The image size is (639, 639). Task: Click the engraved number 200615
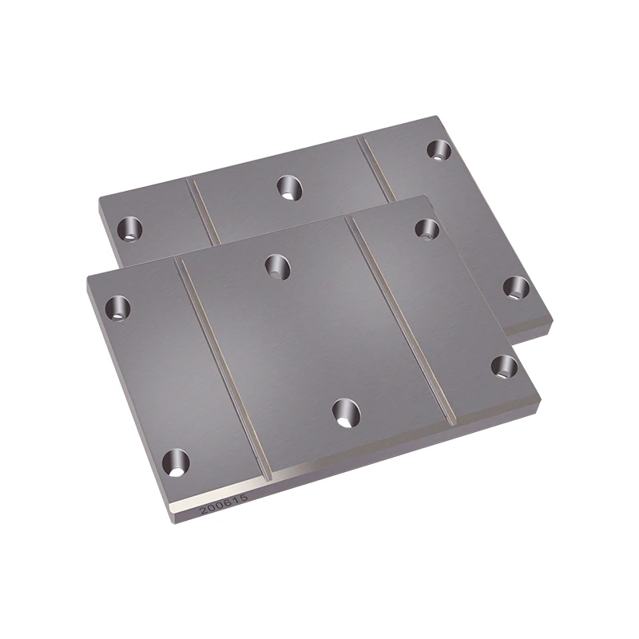click(x=224, y=503)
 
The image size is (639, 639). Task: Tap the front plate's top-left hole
click(x=119, y=307)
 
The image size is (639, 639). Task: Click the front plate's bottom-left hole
click(x=176, y=461)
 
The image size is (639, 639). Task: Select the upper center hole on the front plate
click(x=276, y=265)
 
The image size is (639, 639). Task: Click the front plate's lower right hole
click(x=504, y=367)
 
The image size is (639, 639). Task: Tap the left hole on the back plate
click(x=128, y=230)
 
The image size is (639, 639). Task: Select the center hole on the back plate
click(x=288, y=188)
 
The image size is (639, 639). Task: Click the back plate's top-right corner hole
click(x=439, y=149)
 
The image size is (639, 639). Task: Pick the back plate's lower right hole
click(x=515, y=287)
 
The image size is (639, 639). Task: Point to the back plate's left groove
click(x=204, y=212)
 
